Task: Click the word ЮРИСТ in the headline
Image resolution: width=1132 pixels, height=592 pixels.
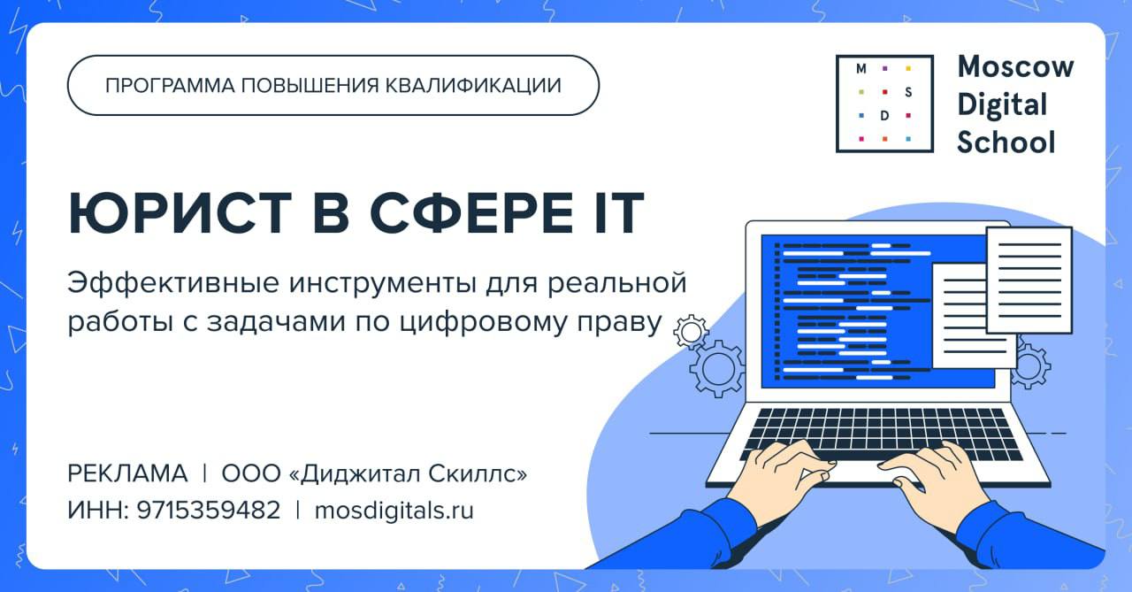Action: tap(180, 213)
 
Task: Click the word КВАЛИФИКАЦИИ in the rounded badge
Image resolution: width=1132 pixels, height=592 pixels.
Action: tap(473, 86)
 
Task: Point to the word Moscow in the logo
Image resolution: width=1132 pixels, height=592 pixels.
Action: tap(1015, 66)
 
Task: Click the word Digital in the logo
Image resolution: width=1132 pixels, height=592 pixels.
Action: tap(1002, 104)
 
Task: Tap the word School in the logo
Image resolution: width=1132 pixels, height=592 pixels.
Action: tap(1006, 142)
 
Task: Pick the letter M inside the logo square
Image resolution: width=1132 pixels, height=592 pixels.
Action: tap(861, 69)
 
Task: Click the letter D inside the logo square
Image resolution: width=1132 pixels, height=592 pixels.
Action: tap(884, 116)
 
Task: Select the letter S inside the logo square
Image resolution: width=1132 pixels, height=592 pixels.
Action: tap(908, 92)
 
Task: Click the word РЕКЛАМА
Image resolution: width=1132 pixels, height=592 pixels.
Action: tap(127, 473)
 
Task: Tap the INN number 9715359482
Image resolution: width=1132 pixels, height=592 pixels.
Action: tap(208, 510)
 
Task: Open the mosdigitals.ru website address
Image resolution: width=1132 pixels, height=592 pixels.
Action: tap(394, 510)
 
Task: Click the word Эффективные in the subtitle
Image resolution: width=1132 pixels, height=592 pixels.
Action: tap(172, 282)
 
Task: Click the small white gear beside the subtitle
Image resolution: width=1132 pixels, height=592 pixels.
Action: tap(691, 332)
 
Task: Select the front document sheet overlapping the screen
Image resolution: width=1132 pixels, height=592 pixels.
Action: tap(1029, 281)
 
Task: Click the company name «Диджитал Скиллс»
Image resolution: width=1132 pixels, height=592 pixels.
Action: tap(408, 473)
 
